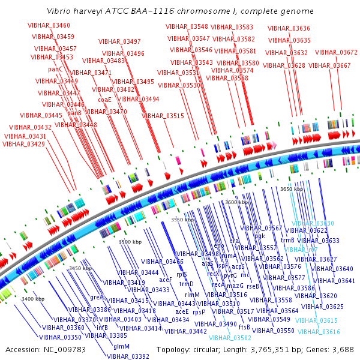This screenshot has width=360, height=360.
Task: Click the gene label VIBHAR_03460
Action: [49, 25]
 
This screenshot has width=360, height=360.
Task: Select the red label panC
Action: [55, 69]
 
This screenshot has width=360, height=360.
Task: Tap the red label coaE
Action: [105, 100]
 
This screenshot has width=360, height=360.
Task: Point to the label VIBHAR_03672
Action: [336, 52]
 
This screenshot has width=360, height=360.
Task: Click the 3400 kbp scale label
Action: [33, 299]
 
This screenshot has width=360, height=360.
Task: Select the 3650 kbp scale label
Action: [292, 189]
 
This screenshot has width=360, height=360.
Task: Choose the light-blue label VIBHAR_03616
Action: [319, 331]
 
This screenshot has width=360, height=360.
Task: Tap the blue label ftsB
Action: [244, 327]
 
